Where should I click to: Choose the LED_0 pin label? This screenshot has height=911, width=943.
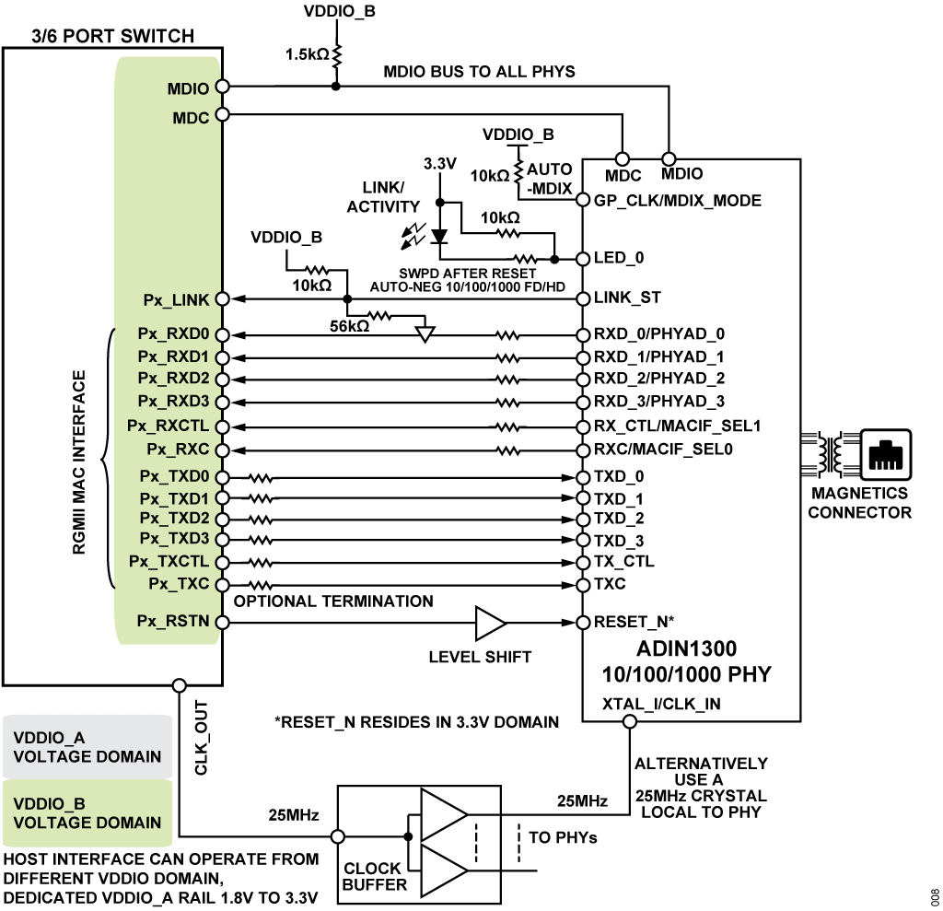tap(621, 259)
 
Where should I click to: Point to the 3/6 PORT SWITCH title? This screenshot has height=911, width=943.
tap(99, 37)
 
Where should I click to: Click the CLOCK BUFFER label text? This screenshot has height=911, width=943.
tap(373, 876)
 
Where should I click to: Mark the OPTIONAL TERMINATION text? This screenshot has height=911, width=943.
tap(333, 601)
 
